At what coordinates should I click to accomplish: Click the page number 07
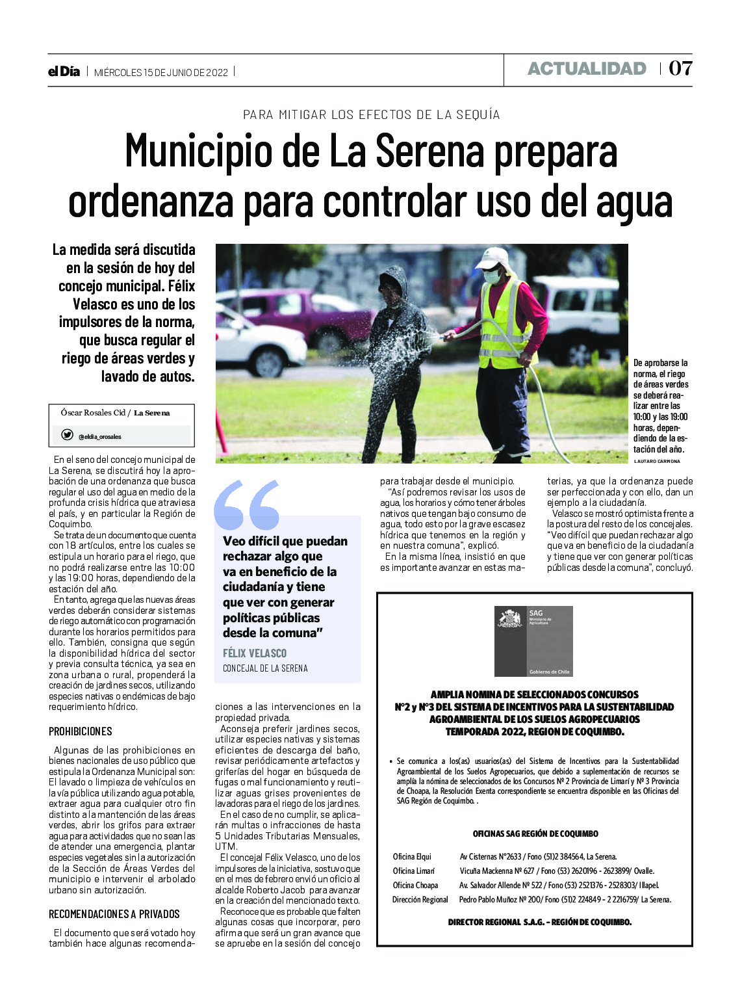point(680,68)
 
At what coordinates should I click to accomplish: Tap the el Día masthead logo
point(64,72)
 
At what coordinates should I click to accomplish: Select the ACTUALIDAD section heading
point(586,69)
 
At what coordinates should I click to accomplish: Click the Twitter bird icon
point(67,435)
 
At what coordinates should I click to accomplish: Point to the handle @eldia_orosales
point(99,437)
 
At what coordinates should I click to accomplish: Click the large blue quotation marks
point(246,505)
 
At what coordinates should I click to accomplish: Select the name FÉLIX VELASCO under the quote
point(254,653)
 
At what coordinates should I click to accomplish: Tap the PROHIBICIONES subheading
point(81,731)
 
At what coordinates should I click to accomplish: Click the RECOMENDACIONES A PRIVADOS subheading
point(114,913)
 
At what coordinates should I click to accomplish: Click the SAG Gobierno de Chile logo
point(533,641)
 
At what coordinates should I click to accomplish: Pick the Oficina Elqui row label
point(411,856)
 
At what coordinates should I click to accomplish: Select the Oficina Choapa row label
point(415,885)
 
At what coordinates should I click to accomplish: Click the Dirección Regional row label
point(420,899)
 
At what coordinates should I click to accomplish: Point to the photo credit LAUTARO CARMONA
point(656,461)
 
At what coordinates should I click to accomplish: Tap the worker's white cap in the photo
point(493,257)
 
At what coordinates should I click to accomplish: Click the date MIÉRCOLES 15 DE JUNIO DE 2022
point(161,72)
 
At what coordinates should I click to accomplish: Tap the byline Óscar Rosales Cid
point(93,412)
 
